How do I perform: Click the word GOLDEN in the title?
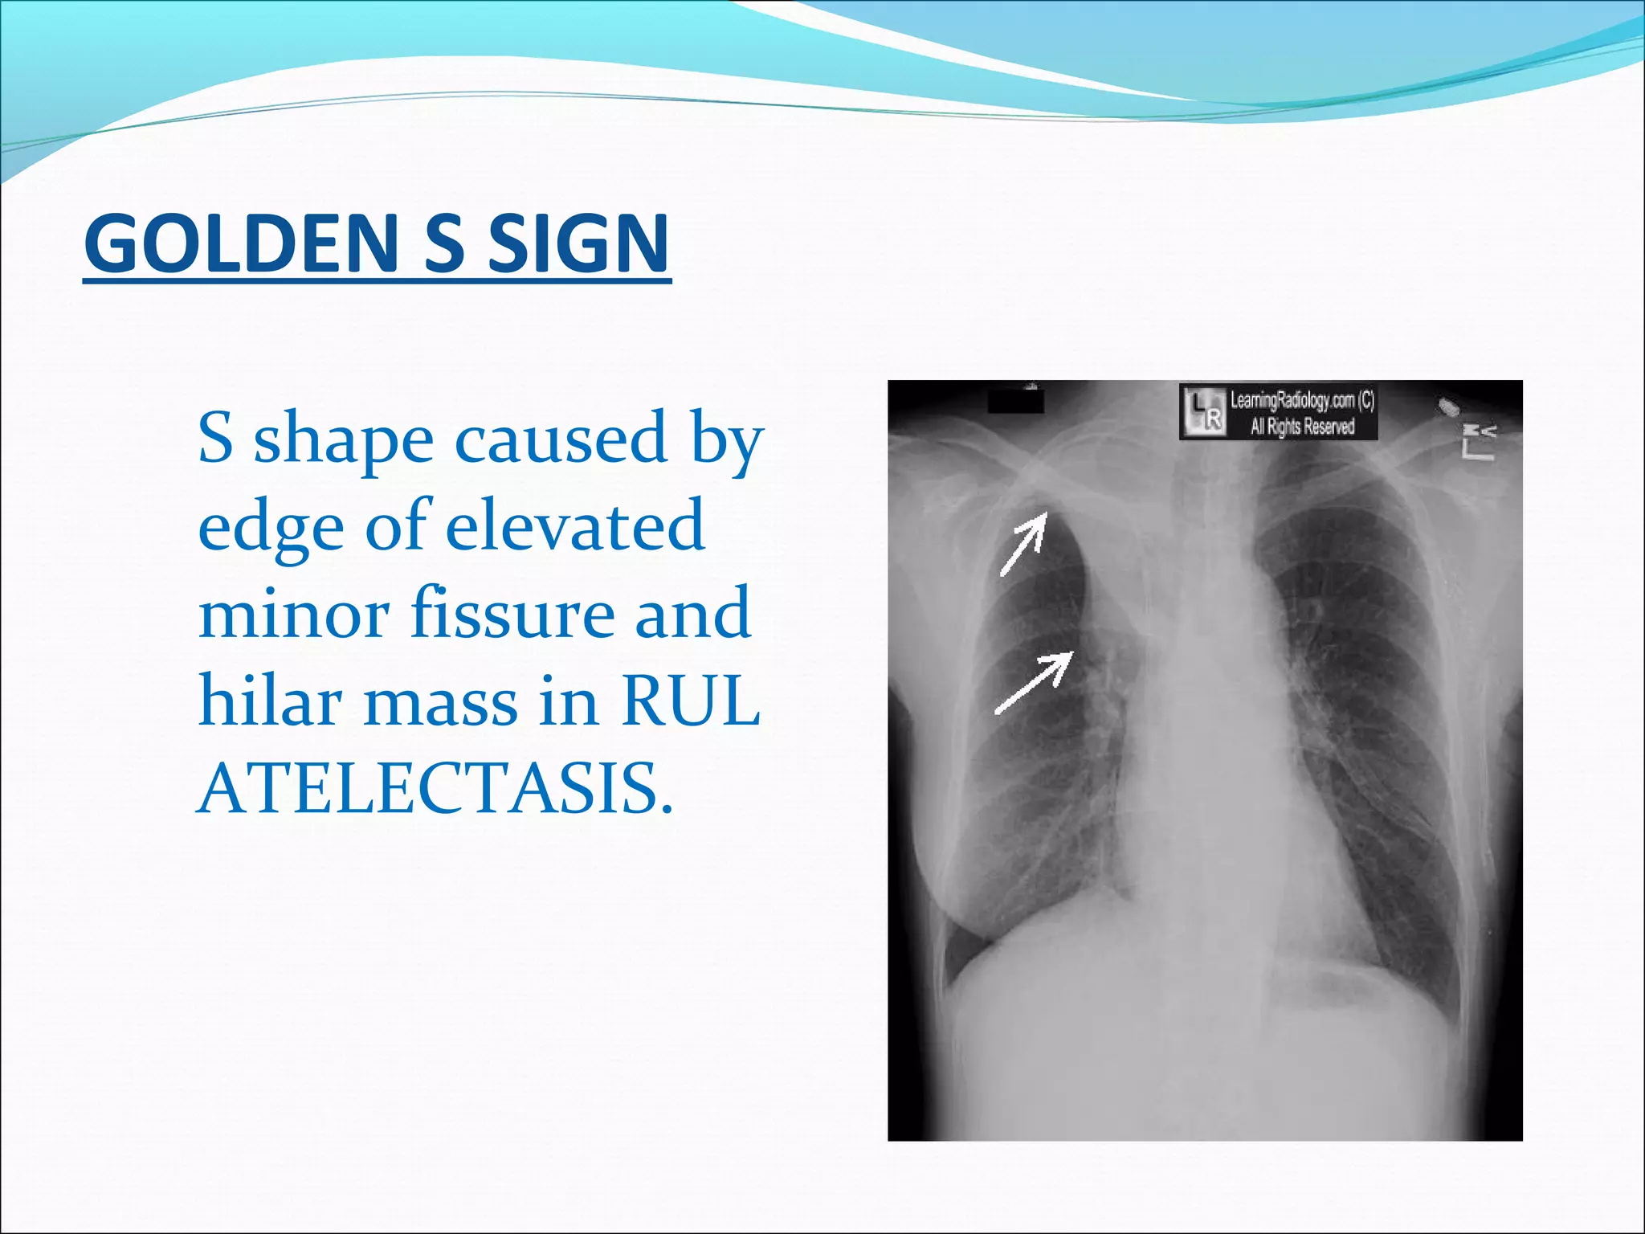pos(241,242)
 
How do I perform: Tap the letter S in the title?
pos(443,242)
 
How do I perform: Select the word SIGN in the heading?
pos(578,242)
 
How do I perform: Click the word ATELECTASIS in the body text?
pos(434,789)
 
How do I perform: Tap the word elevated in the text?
pos(575,525)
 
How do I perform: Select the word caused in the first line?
pos(561,439)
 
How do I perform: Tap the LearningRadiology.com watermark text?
pos(1302,400)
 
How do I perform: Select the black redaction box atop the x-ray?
pos(1015,399)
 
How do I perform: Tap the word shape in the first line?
pos(344,439)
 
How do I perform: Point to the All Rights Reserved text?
pos(1302,426)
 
